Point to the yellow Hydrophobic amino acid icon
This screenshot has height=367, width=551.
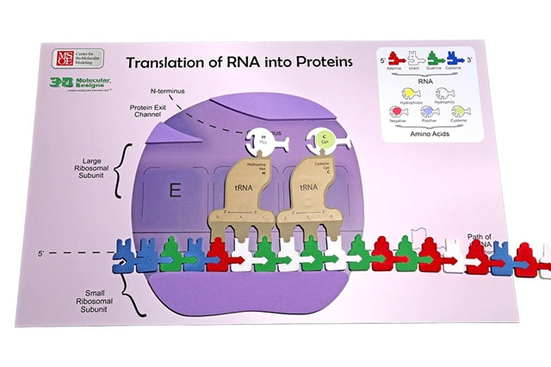[407, 94]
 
